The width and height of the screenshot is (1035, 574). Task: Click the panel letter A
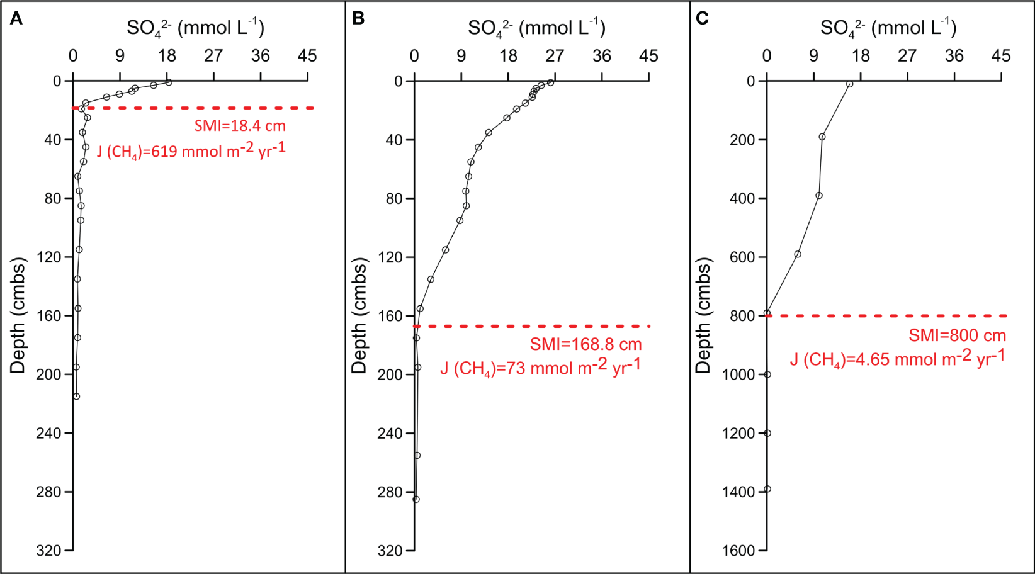click(x=16, y=18)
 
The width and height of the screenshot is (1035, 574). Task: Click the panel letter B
click(x=358, y=18)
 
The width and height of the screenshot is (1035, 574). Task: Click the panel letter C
click(x=702, y=18)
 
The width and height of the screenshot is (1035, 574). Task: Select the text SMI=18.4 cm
click(x=240, y=126)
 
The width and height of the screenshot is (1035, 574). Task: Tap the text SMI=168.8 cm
click(x=585, y=344)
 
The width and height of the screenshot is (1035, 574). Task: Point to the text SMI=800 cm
click(x=957, y=335)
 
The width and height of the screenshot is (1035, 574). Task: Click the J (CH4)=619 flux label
click(x=191, y=151)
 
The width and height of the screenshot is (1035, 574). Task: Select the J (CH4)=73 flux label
click(x=540, y=368)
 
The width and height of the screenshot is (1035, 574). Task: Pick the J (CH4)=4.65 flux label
click(x=897, y=359)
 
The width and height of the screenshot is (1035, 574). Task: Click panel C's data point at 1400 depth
click(x=767, y=489)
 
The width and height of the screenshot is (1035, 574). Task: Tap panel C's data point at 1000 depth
click(x=767, y=374)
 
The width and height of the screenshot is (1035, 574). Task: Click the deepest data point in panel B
click(x=416, y=499)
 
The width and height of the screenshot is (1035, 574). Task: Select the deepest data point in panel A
click(x=76, y=397)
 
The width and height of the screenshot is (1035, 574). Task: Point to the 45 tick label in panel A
click(x=307, y=56)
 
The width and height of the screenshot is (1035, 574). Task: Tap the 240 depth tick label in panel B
click(x=390, y=434)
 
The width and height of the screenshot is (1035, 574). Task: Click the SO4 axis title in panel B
click(x=536, y=28)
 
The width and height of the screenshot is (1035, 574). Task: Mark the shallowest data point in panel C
click(x=849, y=84)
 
